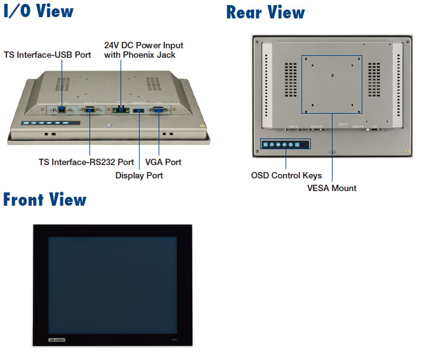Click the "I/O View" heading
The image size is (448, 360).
pyautogui.click(x=39, y=11)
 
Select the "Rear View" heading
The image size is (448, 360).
pyautogui.click(x=265, y=13)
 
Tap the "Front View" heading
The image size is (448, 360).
pyautogui.click(x=44, y=200)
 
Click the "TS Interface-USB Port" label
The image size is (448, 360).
pyautogui.click(x=48, y=55)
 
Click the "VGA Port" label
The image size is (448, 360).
pyautogui.click(x=163, y=162)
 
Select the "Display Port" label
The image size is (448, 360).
pyautogui.click(x=139, y=175)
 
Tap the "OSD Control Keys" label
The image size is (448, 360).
pyautogui.click(x=286, y=175)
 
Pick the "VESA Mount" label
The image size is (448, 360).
pyautogui.click(x=332, y=188)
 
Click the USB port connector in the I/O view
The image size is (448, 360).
pyautogui.click(x=62, y=110)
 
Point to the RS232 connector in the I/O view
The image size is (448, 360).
pyautogui.click(x=89, y=110)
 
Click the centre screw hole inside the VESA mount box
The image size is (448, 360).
pyautogui.click(x=333, y=76)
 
